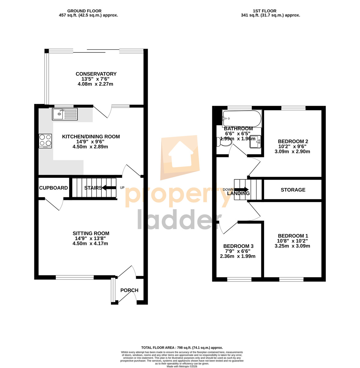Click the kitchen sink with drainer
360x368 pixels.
65,114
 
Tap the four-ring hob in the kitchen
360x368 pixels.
45,141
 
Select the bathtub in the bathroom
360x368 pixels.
242,119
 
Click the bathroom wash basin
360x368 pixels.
255,142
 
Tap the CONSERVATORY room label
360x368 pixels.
96,74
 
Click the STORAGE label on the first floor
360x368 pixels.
293,190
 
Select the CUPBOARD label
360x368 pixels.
53,188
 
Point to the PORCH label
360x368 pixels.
129,290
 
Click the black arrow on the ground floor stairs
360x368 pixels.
109,188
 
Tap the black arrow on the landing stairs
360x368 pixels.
241,190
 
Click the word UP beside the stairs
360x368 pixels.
122,188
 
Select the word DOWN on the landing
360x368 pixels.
228,190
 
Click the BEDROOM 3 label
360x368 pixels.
238,246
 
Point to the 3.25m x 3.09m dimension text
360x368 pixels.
292,246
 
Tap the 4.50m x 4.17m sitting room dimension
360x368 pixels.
90,243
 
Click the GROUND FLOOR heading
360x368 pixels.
84,11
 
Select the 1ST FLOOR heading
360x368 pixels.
264,11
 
